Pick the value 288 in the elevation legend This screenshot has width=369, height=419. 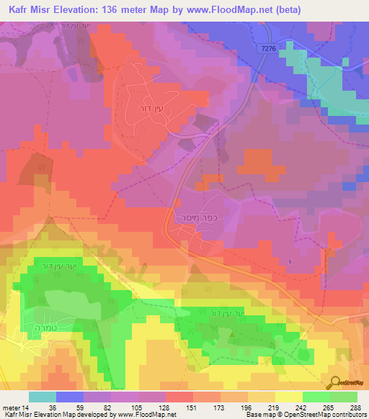pos(357,407)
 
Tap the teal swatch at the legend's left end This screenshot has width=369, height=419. pos(42,397)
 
